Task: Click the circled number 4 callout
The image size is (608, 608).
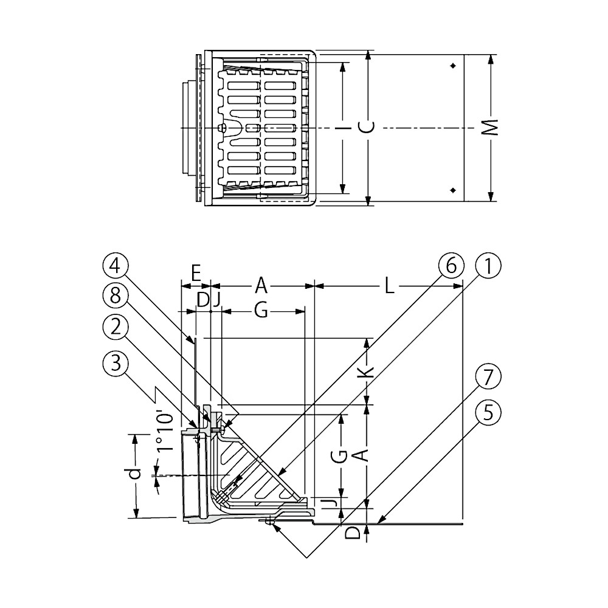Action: pyautogui.click(x=115, y=266)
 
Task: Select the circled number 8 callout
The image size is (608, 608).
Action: pyautogui.click(x=115, y=297)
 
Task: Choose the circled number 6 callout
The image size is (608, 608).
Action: pyautogui.click(x=451, y=266)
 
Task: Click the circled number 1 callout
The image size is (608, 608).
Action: pyautogui.click(x=488, y=266)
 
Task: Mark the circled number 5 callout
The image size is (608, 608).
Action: pyautogui.click(x=488, y=413)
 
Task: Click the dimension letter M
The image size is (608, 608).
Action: pyautogui.click(x=491, y=128)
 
